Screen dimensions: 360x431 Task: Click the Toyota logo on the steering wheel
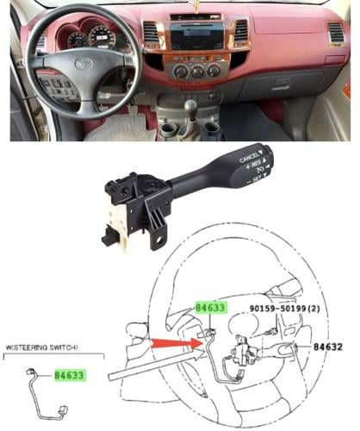(84, 64)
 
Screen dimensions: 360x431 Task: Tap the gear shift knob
(190, 107)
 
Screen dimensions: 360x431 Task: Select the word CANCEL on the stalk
(249, 157)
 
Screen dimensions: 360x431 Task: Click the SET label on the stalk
(256, 179)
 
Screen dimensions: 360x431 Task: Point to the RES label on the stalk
(256, 165)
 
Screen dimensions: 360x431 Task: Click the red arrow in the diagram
(177, 343)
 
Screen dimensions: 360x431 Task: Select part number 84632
(328, 347)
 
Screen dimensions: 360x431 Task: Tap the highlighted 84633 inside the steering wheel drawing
(210, 308)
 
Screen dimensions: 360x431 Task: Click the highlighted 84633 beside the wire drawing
(70, 375)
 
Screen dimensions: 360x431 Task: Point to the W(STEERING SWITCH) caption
(41, 347)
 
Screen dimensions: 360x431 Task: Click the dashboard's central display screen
(197, 36)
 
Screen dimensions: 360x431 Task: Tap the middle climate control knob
(197, 71)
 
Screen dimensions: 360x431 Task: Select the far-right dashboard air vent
(336, 32)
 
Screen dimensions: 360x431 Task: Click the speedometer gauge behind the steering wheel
(101, 37)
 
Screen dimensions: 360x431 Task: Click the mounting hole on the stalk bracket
(159, 239)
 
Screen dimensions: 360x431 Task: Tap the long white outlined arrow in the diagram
(156, 365)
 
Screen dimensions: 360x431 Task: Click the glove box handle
(283, 84)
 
